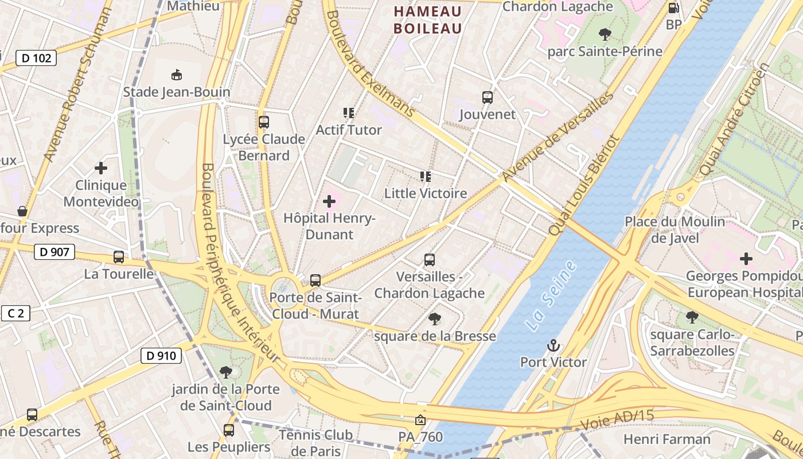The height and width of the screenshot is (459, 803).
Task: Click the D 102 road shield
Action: [36, 58]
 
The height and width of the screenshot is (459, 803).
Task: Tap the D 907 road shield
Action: [54, 251]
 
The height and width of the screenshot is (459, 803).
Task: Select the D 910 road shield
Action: [161, 356]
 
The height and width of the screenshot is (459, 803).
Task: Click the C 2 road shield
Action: [15, 313]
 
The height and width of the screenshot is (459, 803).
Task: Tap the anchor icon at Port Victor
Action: [553, 345]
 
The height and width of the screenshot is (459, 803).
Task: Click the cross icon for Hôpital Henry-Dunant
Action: [329, 201]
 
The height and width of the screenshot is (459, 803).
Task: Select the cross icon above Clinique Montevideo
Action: [101, 168]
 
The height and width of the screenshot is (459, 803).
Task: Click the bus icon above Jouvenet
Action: [488, 98]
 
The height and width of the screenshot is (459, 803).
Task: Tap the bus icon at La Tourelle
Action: [119, 257]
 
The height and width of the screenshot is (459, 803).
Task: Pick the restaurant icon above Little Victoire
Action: [425, 177]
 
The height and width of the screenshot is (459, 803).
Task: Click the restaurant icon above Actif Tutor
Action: [348, 113]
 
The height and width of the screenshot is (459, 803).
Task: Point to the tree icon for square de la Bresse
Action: [435, 319]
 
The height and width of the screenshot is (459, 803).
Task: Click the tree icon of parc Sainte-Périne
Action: [605, 34]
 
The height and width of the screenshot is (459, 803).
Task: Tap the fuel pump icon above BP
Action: [673, 8]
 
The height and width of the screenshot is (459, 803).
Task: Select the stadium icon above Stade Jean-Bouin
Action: [177, 75]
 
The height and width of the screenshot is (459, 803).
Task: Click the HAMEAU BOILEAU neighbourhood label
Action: [428, 20]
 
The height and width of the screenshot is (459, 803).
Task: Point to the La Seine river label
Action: [551, 295]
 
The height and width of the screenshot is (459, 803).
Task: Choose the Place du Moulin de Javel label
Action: [675, 229]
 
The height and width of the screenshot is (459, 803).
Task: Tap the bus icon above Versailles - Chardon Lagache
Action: [430, 260]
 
